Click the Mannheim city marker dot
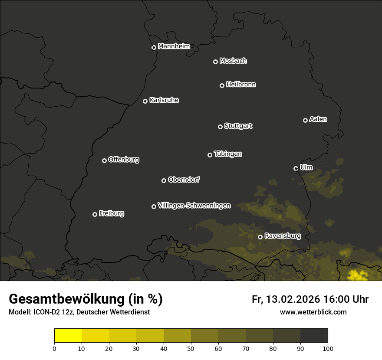pyautogui.click(x=154, y=48)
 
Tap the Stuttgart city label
pyautogui.click(x=238, y=126)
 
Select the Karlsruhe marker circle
pyautogui.click(x=145, y=101)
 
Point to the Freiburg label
pyautogui.click(x=111, y=213)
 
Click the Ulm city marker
pyautogui.click(x=296, y=168)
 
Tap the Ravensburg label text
pyautogui.click(x=282, y=236)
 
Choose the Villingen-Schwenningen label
pyautogui.click(x=194, y=205)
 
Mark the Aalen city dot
pyautogui.click(x=305, y=120)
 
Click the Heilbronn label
pyautogui.click(x=241, y=85)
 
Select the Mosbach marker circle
pyautogui.click(x=215, y=62)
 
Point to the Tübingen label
pyautogui.click(x=228, y=154)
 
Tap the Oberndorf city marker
pyautogui.click(x=164, y=180)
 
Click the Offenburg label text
pyautogui.click(x=124, y=160)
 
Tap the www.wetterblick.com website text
pyautogui.click(x=313, y=312)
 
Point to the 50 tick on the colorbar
pyautogui.click(x=191, y=348)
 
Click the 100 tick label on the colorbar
pyautogui.click(x=328, y=348)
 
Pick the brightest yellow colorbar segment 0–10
pyautogui.click(x=68, y=336)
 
